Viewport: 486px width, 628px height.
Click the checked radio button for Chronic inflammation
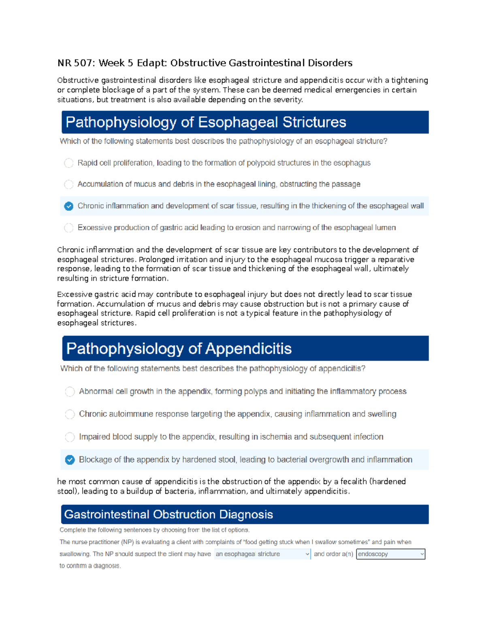[69, 206]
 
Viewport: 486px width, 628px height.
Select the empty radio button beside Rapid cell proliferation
[69, 163]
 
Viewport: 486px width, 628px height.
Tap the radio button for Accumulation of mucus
[69, 184]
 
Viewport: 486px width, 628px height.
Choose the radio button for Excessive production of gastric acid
[69, 228]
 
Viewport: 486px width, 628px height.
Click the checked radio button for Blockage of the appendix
[70, 460]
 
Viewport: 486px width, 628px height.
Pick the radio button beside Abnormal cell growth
[70, 392]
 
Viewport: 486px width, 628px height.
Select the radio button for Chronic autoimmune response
[70, 414]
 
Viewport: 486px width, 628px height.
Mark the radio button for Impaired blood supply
[70, 437]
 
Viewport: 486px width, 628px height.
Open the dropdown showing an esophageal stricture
[262, 554]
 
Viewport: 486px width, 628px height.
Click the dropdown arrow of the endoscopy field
[422, 554]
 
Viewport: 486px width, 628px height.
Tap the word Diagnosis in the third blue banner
[246, 514]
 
